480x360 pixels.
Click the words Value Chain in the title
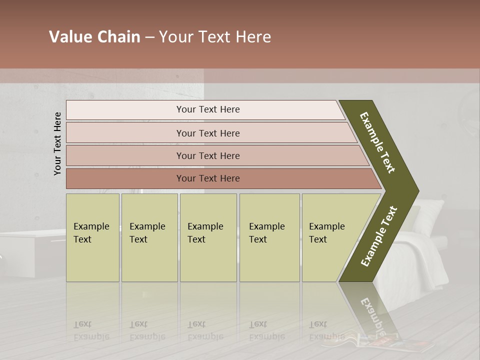pos(94,37)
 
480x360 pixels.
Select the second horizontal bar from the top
pos(208,133)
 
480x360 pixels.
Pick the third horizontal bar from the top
pos(208,155)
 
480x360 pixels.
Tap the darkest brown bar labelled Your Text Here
pos(208,178)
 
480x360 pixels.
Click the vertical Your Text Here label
pos(57,143)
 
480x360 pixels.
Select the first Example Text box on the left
pos(92,237)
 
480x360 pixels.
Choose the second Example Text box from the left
pos(149,237)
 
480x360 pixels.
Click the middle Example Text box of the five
pos(208,237)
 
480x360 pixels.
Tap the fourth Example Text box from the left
pos(269,237)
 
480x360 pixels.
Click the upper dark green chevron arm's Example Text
pos(377,142)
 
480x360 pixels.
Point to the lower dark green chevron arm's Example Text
pos(378,236)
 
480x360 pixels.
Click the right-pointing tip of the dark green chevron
pos(414,191)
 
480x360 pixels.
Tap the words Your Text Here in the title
pos(215,37)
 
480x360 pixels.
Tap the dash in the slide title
pos(149,37)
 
